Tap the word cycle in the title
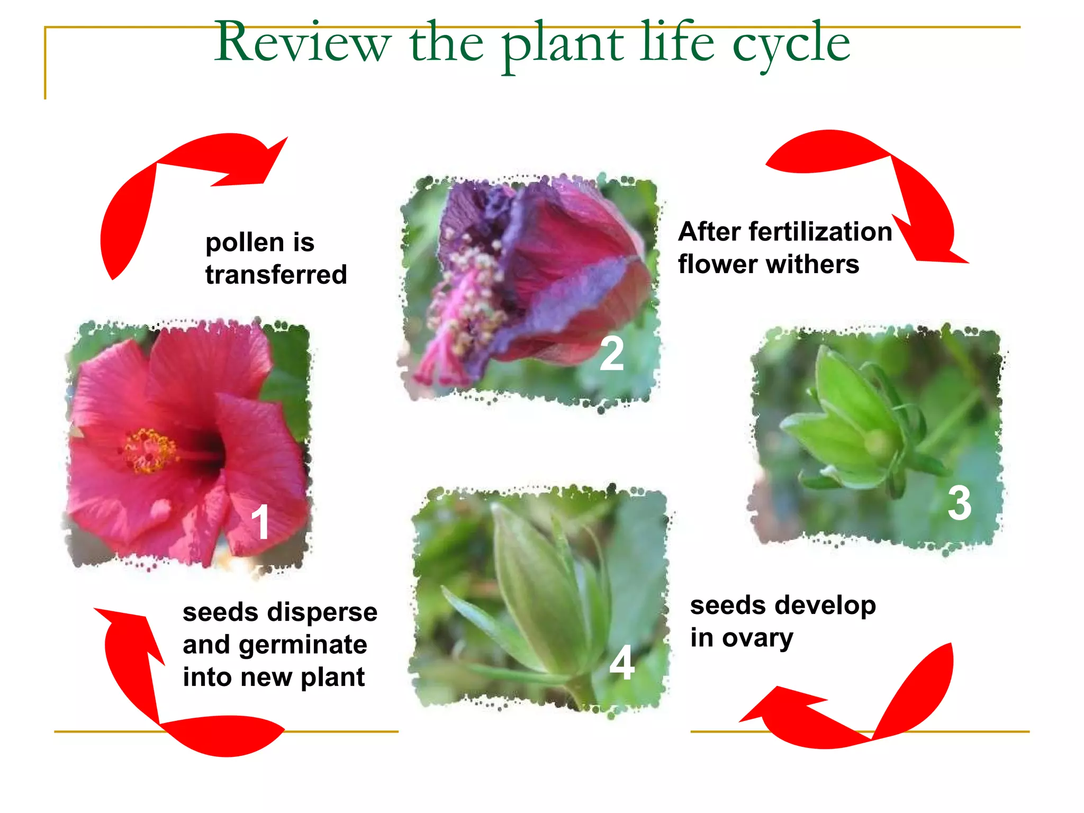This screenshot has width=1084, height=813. click(791, 43)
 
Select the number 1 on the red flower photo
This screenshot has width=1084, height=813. click(260, 522)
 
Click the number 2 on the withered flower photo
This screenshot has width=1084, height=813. click(611, 354)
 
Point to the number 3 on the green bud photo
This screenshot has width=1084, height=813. click(959, 503)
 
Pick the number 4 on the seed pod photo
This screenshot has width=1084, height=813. click(622, 663)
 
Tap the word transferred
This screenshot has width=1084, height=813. click(276, 275)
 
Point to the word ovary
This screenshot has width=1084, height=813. click(758, 638)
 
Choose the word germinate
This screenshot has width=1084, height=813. click(303, 645)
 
